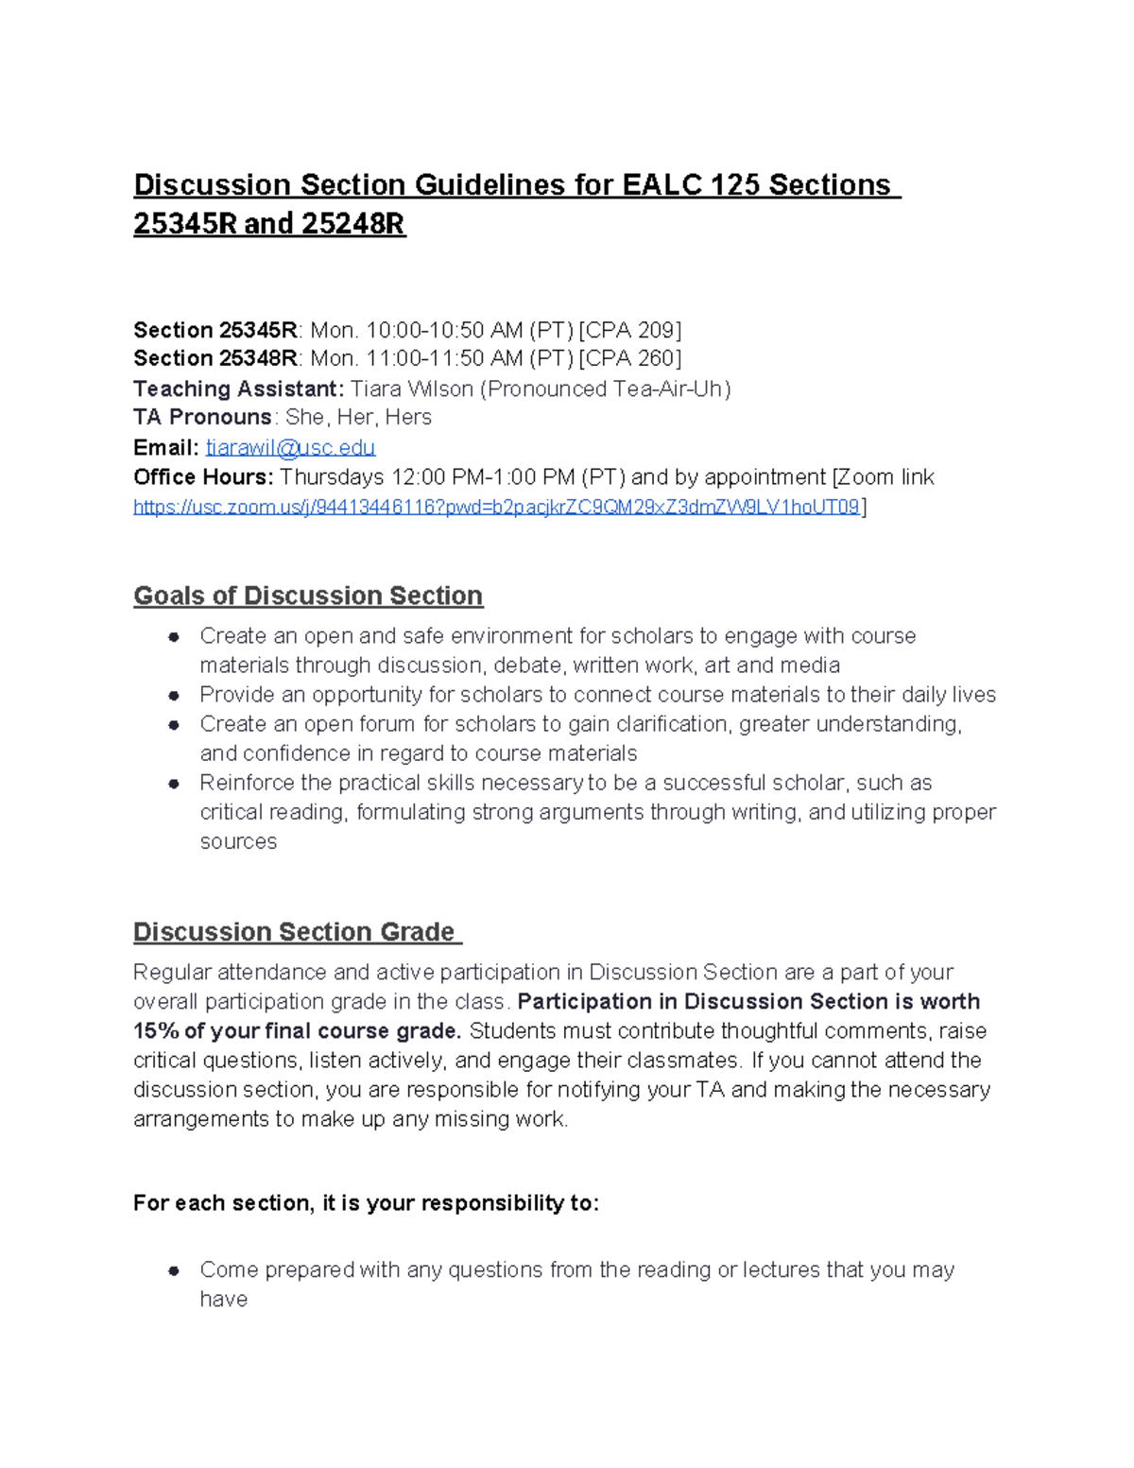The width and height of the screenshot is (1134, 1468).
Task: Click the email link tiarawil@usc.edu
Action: click(x=290, y=447)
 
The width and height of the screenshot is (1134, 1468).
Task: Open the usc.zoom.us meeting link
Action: click(x=496, y=507)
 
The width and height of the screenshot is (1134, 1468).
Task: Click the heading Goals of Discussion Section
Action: click(x=308, y=596)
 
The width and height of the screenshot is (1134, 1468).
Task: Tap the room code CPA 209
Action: click(x=630, y=330)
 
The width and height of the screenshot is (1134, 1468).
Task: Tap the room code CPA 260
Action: click(x=630, y=358)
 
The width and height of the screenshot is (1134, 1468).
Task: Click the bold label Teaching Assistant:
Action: click(x=238, y=389)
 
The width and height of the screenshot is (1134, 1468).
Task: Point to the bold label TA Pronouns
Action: click(x=202, y=417)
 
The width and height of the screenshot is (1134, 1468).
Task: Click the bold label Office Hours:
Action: click(x=203, y=476)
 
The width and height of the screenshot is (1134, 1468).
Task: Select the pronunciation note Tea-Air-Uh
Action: click(x=667, y=389)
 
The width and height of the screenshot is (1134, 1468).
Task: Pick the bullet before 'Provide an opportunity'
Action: click(x=174, y=696)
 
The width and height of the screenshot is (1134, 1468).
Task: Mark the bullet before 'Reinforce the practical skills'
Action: click(x=174, y=784)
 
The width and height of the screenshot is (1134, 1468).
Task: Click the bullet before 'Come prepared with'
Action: click(x=174, y=1270)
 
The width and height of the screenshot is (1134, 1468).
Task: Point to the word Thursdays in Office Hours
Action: click(x=332, y=476)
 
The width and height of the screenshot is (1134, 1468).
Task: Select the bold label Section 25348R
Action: click(x=215, y=358)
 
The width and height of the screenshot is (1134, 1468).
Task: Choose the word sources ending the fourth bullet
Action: click(x=238, y=841)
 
